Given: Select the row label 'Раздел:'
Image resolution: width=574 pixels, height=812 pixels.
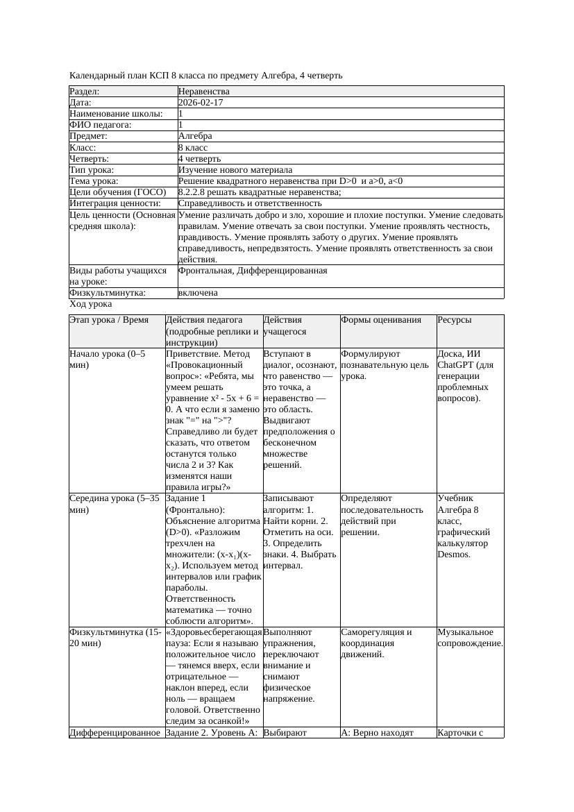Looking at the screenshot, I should click(x=85, y=92).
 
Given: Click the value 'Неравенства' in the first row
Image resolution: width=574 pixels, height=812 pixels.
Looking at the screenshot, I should click(x=204, y=92).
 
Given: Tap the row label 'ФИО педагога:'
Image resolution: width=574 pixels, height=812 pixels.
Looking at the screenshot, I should click(x=101, y=125).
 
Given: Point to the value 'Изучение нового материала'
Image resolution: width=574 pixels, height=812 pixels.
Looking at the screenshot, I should click(x=235, y=170).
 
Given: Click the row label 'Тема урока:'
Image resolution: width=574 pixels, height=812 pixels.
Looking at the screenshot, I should click(x=96, y=181).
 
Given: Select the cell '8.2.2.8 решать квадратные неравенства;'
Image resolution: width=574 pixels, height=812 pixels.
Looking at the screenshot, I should click(x=260, y=192).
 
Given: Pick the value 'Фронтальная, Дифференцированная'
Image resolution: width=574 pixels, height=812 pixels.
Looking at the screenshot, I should click(x=253, y=271).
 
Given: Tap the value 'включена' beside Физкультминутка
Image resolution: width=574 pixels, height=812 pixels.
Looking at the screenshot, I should click(x=198, y=293).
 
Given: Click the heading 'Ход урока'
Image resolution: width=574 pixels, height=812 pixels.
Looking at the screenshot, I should click(x=91, y=304).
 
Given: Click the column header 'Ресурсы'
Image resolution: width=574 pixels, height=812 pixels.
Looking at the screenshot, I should click(x=455, y=320).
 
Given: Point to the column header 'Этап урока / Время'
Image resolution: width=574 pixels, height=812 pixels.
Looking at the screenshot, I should click(x=110, y=320).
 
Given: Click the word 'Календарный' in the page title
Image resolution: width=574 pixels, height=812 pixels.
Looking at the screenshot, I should click(x=98, y=75).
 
